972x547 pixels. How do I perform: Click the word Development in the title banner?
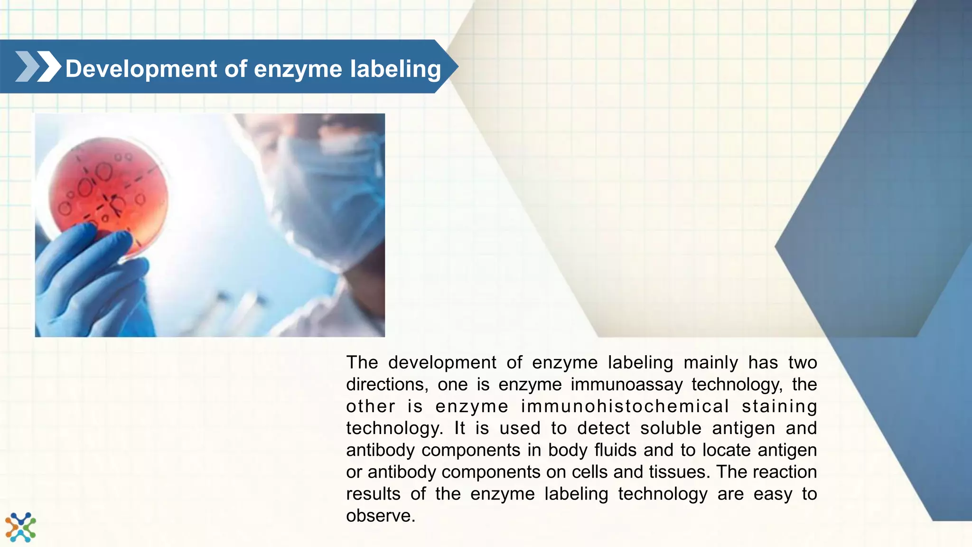[x=141, y=69]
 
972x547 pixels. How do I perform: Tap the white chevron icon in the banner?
[x=49, y=66]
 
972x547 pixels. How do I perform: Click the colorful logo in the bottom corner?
[x=20, y=527]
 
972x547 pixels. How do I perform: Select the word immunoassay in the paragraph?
[x=626, y=385]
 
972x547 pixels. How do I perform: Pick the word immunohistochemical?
[x=625, y=406]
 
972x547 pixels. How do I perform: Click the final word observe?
[x=380, y=516]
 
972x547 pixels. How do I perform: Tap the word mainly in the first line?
[x=710, y=363]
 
